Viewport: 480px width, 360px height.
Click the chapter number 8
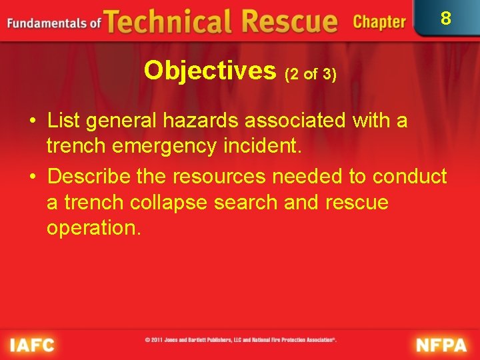446,19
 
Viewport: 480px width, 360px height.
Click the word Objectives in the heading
210,69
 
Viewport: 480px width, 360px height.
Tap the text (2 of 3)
310,74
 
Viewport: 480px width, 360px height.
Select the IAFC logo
32,345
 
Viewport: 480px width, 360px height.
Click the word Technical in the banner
171,21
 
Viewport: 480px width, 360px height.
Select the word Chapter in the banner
379,22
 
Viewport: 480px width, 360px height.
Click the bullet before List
32,121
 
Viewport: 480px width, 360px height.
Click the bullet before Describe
32,177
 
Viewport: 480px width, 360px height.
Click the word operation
93,227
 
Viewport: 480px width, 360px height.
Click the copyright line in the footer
241,340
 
